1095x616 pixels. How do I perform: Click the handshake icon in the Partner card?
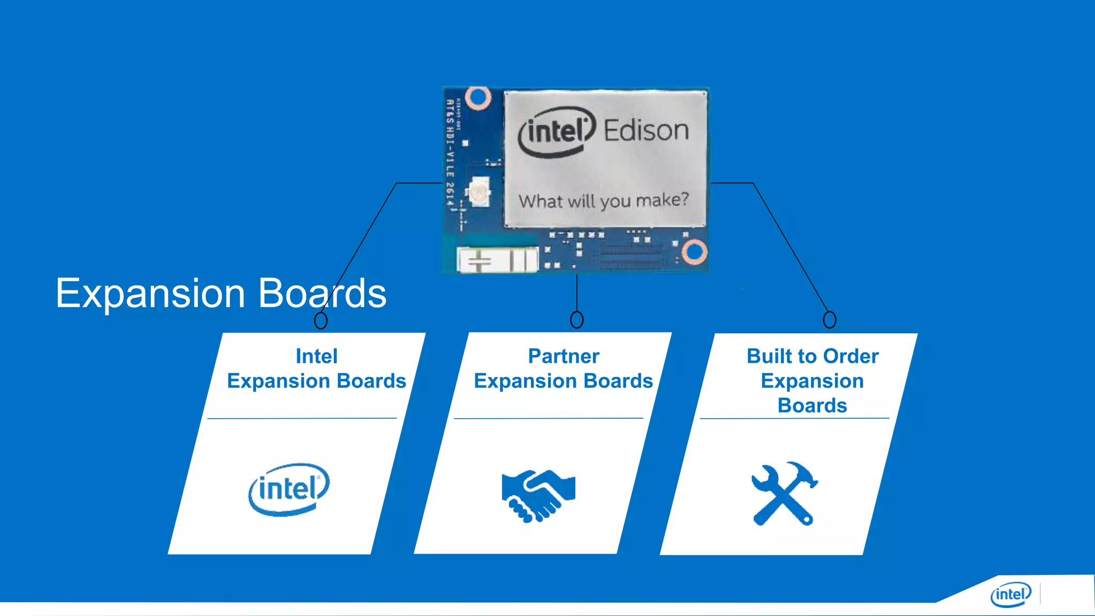tap(538, 495)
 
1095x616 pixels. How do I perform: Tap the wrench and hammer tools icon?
tap(784, 494)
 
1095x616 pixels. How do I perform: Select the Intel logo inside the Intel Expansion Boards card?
tap(289, 489)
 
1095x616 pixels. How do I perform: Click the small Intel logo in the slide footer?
tap(1010, 594)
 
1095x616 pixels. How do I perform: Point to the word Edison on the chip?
tap(646, 130)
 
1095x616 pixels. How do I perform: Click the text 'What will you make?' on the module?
tap(603, 201)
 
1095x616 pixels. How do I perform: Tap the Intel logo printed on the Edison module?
tap(556, 132)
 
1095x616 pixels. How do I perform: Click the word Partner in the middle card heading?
tap(564, 356)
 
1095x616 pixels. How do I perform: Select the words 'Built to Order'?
tap(812, 356)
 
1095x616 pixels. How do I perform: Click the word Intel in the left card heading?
tap(317, 356)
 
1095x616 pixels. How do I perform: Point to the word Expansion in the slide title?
tap(150, 294)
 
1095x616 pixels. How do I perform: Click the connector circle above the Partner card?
tap(576, 320)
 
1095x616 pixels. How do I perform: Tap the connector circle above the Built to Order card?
tap(829, 320)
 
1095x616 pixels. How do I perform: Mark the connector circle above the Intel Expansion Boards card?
tap(320, 320)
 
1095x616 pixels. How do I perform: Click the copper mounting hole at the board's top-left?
tap(477, 98)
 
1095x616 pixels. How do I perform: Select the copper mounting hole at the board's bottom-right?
tap(695, 252)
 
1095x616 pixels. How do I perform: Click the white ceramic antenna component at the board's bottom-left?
tap(497, 260)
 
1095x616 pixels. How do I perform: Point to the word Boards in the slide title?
tap(322, 294)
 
